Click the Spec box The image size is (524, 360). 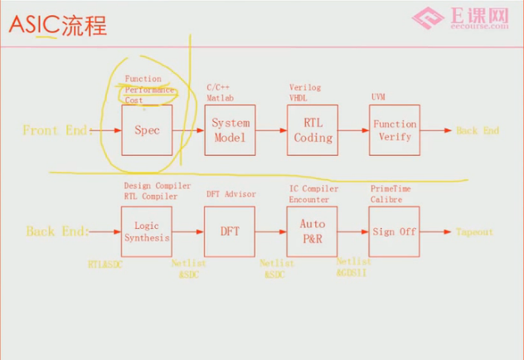click(x=147, y=130)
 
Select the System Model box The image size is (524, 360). click(x=230, y=130)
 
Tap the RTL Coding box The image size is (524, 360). click(x=313, y=130)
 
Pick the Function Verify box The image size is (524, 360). click(x=395, y=130)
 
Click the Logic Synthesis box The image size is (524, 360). click(x=147, y=231)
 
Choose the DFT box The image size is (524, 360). click(x=230, y=231)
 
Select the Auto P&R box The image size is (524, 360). click(x=313, y=231)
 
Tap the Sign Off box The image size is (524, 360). click(x=395, y=231)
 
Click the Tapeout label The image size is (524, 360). click(x=474, y=232)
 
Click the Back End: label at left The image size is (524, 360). click(x=56, y=232)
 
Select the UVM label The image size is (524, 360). click(x=378, y=96)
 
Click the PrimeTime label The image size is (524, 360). click(x=390, y=188)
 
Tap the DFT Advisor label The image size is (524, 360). click(x=231, y=194)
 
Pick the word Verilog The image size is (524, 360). click(x=304, y=87)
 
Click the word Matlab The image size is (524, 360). click(x=221, y=96)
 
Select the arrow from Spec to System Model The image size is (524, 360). click(x=188, y=130)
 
